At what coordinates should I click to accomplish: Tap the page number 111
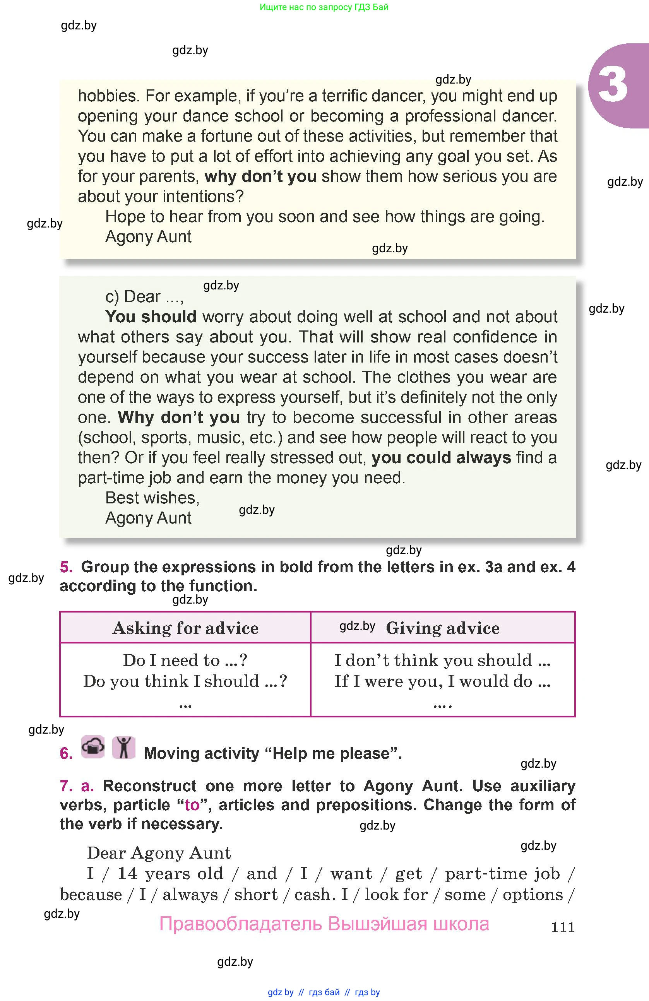click(x=562, y=927)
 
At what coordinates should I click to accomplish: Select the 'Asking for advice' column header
click(x=185, y=628)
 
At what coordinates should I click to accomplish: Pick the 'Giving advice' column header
click(x=442, y=628)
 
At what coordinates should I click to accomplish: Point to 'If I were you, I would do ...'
click(x=442, y=681)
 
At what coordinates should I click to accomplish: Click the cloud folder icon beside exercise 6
click(x=93, y=747)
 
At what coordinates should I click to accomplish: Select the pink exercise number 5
click(x=66, y=567)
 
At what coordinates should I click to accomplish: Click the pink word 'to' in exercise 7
click(x=192, y=805)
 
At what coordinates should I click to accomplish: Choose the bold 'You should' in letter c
click(x=151, y=317)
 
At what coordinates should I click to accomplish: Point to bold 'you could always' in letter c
click(x=441, y=458)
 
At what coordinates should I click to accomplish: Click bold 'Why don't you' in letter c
click(x=179, y=417)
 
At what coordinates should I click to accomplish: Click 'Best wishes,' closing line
click(x=152, y=498)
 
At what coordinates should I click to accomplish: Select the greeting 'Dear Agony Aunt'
click(x=159, y=853)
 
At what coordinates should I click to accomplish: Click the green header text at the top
click(x=324, y=7)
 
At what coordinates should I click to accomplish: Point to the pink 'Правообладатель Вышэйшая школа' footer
click(x=324, y=924)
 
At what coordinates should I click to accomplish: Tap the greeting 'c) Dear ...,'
click(x=144, y=297)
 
